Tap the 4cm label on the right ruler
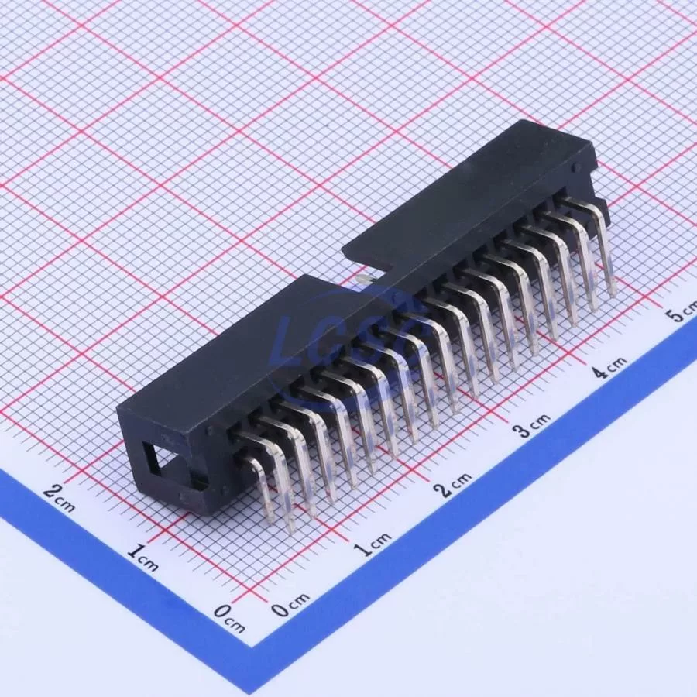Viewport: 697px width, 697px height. click(x=611, y=367)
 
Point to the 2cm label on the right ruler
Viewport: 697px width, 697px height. click(x=452, y=483)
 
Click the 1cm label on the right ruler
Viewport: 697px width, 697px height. click(x=373, y=543)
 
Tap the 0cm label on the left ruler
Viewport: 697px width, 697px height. click(x=229, y=618)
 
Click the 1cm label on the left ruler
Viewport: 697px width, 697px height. click(x=142, y=558)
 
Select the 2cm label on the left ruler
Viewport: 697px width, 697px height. click(x=59, y=499)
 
